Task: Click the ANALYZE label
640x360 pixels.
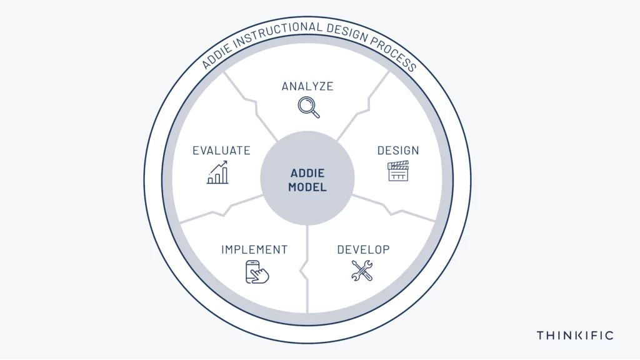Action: click(x=307, y=86)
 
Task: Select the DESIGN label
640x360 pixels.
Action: click(x=398, y=151)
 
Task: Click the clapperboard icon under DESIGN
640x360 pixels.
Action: click(x=398, y=171)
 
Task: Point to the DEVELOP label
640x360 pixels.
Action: click(x=363, y=249)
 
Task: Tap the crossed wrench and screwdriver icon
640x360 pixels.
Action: click(x=362, y=271)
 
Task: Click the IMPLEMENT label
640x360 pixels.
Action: click(x=254, y=249)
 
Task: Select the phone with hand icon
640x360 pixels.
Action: click(x=257, y=272)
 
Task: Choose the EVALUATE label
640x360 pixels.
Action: click(x=221, y=151)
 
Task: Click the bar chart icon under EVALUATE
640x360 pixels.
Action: click(x=217, y=172)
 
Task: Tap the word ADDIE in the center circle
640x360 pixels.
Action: click(x=307, y=173)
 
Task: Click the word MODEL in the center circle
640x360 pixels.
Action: click(x=307, y=187)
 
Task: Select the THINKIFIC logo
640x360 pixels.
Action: click(x=575, y=336)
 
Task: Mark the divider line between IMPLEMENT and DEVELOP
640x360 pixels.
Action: click(x=305, y=269)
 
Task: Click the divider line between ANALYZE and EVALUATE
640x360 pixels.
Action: click(x=253, y=105)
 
